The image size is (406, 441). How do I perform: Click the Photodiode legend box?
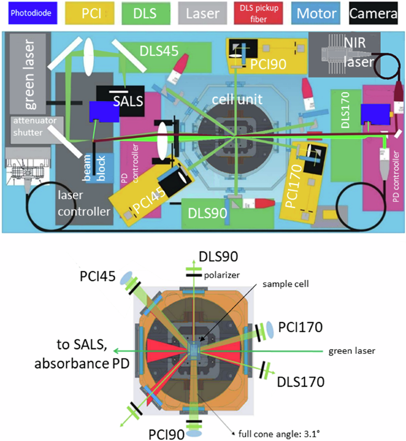31,13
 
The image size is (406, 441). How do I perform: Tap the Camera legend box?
373,14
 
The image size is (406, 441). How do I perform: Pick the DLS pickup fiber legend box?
258,14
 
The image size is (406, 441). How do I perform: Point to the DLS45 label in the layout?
159,51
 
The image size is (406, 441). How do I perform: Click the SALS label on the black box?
128,101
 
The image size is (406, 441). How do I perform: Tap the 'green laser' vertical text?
30,74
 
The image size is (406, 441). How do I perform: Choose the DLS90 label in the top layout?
207,214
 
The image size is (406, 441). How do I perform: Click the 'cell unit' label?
237,99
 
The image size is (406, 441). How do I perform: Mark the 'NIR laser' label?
358,52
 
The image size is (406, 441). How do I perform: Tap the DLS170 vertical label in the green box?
345,110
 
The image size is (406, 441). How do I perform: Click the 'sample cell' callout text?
286,284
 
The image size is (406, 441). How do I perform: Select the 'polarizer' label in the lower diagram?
222,275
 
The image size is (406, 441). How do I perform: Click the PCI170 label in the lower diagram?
300,327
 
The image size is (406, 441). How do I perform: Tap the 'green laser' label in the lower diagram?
352,351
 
